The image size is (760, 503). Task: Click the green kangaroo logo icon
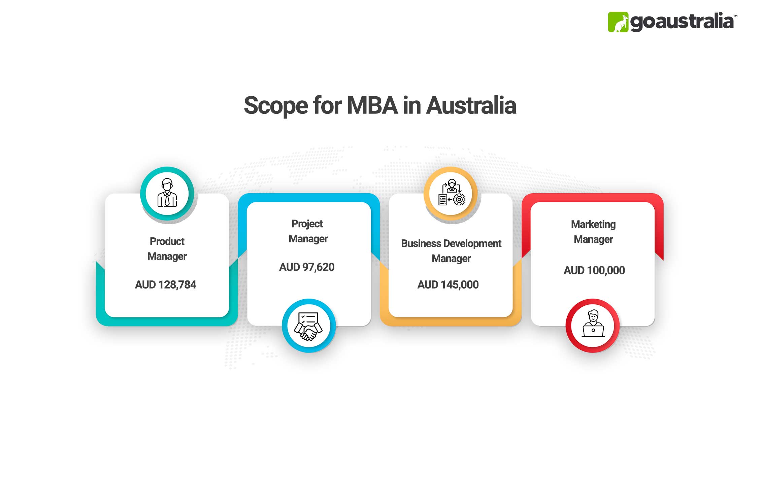coord(618,22)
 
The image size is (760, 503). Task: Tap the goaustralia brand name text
coord(682,22)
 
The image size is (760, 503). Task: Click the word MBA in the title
coord(372,105)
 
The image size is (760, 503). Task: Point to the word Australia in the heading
coord(471,105)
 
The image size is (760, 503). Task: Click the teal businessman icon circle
coord(167,193)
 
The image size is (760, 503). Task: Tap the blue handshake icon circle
coord(308,326)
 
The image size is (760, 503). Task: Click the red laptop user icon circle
coord(593,326)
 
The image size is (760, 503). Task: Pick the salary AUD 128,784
coord(166,285)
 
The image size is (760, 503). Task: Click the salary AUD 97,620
coord(307,267)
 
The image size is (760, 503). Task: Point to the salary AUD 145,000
coord(448,285)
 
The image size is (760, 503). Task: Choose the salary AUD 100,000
coord(594,270)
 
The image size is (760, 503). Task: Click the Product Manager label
coord(167,249)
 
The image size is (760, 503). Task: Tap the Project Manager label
coord(308,231)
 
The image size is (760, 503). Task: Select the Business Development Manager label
coord(451,250)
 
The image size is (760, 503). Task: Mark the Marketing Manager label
coord(593,232)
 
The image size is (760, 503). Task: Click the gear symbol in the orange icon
coord(459,199)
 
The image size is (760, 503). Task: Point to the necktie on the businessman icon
coord(167,200)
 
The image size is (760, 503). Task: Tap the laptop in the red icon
coord(593,330)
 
